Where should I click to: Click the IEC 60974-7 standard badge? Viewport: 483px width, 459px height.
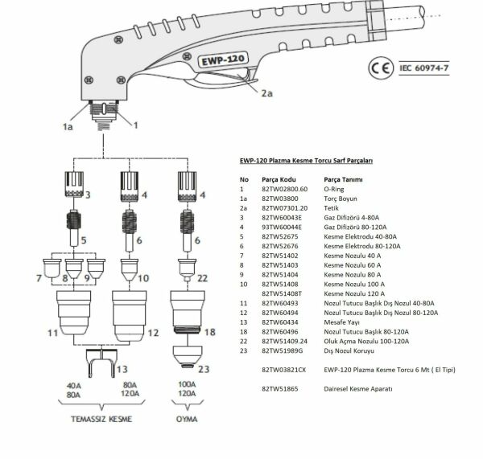pyautogui.click(x=423, y=68)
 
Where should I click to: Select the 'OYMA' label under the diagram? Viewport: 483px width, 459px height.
pyautogui.click(x=186, y=420)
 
